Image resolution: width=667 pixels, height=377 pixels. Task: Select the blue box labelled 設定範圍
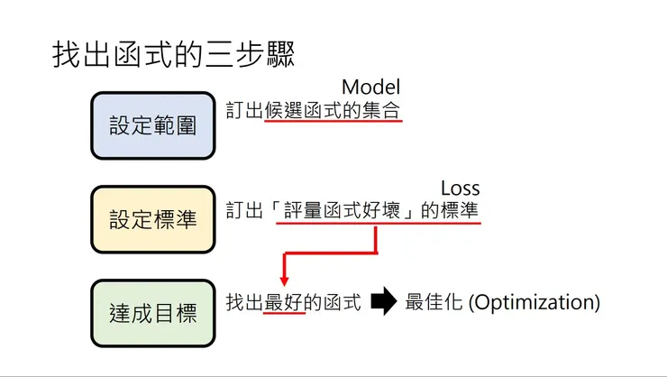152,125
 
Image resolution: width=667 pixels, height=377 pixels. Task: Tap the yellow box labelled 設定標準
152,219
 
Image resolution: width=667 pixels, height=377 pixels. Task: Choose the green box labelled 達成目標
152,313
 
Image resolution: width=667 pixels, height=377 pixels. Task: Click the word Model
370,87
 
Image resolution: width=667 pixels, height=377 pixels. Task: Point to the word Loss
460,188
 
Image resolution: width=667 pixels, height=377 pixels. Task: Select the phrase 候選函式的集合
333,110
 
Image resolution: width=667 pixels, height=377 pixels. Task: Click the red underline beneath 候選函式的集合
333,124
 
